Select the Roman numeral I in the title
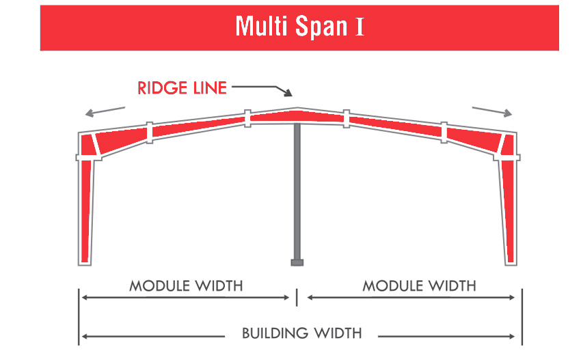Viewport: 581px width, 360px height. (x=360, y=27)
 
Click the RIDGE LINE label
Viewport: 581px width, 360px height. (x=182, y=88)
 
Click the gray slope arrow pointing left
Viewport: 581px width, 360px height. (x=105, y=111)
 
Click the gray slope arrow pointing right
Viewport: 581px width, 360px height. (x=492, y=111)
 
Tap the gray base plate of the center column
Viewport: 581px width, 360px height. (x=297, y=262)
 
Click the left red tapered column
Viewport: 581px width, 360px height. (x=85, y=211)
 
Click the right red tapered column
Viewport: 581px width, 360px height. (x=509, y=212)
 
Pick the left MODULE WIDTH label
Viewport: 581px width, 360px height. (x=186, y=286)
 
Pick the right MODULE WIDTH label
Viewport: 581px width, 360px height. (x=419, y=286)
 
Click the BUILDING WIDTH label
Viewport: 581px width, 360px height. (x=301, y=333)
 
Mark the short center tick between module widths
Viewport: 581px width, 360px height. (x=297, y=297)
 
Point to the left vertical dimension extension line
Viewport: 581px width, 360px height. (x=79, y=317)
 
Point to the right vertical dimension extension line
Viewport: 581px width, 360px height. (x=522, y=317)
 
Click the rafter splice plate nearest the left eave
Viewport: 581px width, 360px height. (x=149, y=133)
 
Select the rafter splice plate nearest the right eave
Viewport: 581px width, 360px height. (x=444, y=133)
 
